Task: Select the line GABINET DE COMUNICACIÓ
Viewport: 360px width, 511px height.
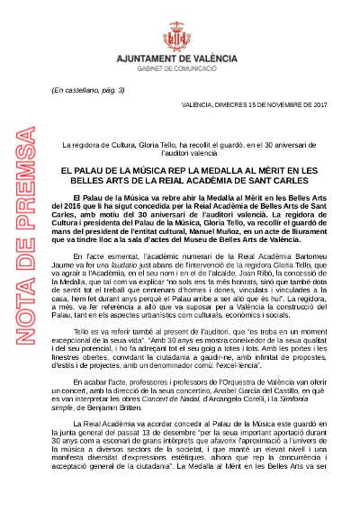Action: (x=179, y=67)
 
